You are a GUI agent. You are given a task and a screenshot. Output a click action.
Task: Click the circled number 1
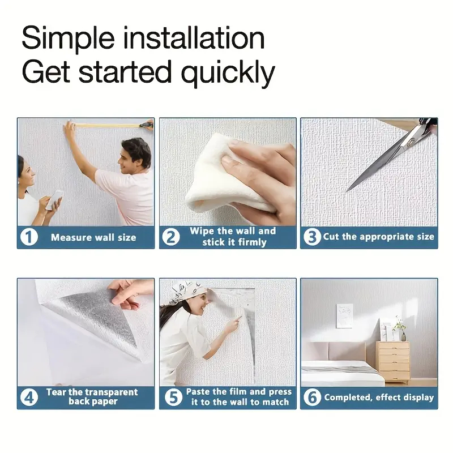[29, 237]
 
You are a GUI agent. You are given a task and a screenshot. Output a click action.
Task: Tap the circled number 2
[171, 237]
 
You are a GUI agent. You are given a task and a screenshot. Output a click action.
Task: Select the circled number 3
[312, 237]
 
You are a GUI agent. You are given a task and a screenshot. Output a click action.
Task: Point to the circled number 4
[29, 398]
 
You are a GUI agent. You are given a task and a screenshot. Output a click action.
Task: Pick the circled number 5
[173, 398]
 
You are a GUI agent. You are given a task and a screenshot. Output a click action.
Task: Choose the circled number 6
[313, 398]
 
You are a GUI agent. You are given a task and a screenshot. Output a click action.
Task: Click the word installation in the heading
[194, 38]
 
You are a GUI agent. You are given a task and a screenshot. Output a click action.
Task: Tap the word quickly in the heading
[228, 72]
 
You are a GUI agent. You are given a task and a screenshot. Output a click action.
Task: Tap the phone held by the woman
[54, 199]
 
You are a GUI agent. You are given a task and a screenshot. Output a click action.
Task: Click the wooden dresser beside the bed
[394, 362]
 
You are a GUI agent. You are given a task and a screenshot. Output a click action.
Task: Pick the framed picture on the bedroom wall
[345, 316]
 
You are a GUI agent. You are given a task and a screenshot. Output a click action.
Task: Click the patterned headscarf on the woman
[187, 289]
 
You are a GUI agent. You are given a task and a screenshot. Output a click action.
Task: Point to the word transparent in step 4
[110, 392]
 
